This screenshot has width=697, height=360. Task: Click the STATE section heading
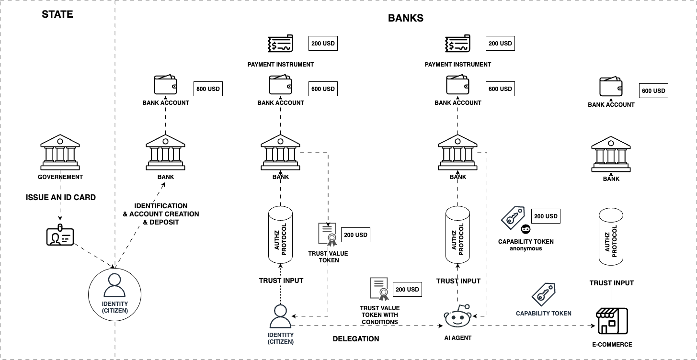click(x=57, y=14)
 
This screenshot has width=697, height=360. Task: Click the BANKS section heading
click(x=405, y=18)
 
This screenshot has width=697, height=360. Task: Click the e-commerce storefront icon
click(x=612, y=321)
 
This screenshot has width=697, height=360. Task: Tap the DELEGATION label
click(x=356, y=339)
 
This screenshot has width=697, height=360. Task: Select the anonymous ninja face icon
click(x=526, y=229)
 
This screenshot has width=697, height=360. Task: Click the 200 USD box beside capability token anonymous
click(x=545, y=216)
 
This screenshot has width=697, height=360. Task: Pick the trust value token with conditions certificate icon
click(x=378, y=289)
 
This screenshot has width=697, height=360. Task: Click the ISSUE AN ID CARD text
click(x=60, y=197)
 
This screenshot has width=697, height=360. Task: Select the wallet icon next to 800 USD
click(x=166, y=85)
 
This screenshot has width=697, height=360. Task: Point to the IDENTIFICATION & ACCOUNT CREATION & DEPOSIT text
click(x=161, y=214)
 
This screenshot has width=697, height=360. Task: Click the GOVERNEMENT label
click(x=60, y=177)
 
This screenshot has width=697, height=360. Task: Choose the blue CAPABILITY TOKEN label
click(x=543, y=314)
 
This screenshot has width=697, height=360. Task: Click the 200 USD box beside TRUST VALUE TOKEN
click(x=355, y=235)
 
